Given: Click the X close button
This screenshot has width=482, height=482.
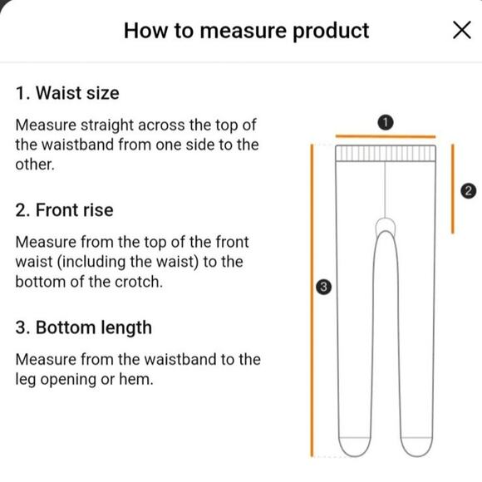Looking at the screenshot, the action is click(462, 30).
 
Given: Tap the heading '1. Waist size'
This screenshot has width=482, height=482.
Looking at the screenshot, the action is click(67, 93).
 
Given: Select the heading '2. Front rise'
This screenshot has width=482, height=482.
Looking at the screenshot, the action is click(64, 210).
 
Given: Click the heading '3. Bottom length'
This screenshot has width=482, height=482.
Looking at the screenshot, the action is click(84, 327).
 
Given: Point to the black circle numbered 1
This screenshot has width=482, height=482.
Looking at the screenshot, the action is click(385, 123).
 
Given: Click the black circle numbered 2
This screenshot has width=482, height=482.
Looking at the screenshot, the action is click(468, 190).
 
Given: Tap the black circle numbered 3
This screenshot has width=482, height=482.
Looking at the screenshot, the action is click(324, 287).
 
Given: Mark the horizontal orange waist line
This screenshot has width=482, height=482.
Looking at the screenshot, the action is click(386, 136).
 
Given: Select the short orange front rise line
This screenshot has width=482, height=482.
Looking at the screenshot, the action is click(452, 189).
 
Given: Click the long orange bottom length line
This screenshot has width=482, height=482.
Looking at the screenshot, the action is click(312, 300).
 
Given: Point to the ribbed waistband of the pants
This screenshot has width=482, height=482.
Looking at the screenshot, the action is click(386, 153).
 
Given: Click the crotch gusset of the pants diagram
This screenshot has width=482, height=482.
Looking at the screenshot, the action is click(386, 226).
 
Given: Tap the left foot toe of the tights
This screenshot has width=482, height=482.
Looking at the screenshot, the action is click(354, 446).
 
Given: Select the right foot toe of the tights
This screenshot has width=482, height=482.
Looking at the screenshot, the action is click(416, 446).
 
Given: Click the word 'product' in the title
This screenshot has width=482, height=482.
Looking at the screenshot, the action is click(331, 32).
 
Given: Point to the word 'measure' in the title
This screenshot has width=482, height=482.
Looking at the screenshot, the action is click(243, 32).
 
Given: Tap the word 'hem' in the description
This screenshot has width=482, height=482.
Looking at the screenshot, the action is click(135, 379).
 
